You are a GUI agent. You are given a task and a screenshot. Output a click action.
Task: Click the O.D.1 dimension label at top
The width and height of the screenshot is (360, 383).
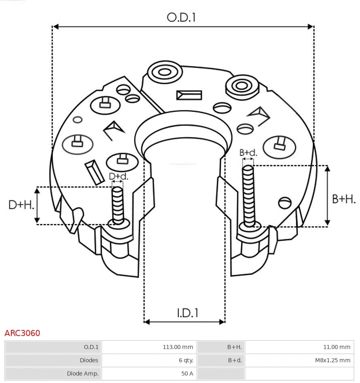[181, 17]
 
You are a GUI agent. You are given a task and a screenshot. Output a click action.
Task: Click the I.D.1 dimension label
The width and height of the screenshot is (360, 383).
[187, 313]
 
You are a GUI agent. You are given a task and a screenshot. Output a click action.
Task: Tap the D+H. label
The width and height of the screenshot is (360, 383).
[21, 205]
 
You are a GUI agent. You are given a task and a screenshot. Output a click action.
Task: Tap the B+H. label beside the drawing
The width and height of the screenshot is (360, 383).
[344, 199]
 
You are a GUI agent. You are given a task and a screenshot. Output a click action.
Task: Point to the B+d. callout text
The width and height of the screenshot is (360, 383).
[248, 153]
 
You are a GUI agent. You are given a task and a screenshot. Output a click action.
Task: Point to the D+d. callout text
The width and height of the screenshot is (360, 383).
[119, 177]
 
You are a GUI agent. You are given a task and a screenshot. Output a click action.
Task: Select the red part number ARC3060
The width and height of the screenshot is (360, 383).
[22, 333]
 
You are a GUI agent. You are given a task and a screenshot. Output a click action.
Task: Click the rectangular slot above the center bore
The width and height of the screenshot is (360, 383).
[189, 95]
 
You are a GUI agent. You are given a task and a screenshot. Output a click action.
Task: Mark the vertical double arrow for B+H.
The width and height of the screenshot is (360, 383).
[328, 196]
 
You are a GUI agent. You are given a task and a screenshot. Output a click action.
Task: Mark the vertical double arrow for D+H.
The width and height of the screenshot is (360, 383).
[37, 205]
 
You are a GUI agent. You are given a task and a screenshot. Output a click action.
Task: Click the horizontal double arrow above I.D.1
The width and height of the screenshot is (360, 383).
[184, 322]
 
